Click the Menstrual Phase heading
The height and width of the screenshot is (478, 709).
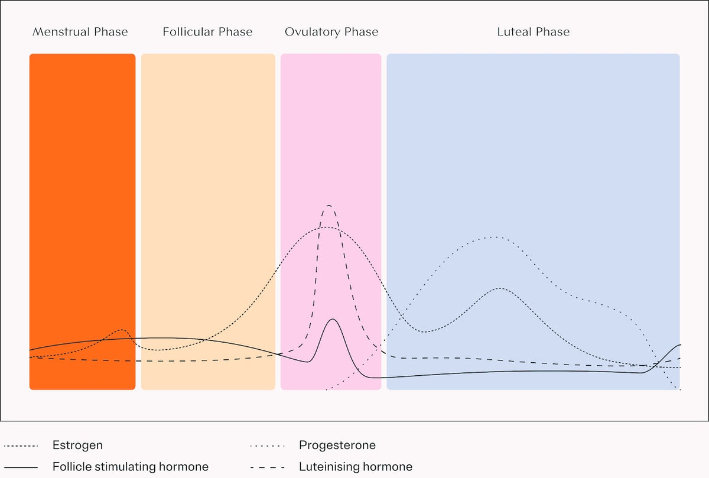click(x=80, y=32)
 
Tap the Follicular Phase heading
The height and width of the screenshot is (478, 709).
click(x=207, y=32)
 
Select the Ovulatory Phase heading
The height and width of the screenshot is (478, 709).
click(x=331, y=32)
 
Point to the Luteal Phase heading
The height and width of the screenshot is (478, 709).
click(x=533, y=32)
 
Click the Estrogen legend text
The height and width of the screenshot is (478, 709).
click(x=77, y=446)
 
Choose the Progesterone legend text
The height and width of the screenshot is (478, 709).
click(x=337, y=446)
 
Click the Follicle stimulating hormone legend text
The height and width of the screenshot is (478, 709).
click(x=130, y=467)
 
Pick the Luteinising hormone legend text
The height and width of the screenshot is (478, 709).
click(x=355, y=467)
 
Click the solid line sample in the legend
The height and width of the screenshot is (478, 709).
click(x=21, y=467)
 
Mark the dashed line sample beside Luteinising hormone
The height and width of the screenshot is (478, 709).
click(x=268, y=467)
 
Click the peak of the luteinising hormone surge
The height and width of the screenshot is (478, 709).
click(x=329, y=206)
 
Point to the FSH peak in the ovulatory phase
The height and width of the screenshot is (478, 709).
click(x=333, y=320)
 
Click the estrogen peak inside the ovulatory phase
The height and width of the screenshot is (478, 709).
click(x=327, y=227)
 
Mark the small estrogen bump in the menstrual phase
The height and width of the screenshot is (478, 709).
click(x=122, y=330)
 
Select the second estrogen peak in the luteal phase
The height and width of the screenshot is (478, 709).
click(x=500, y=288)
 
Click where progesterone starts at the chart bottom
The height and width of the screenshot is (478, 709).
click(x=327, y=389)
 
